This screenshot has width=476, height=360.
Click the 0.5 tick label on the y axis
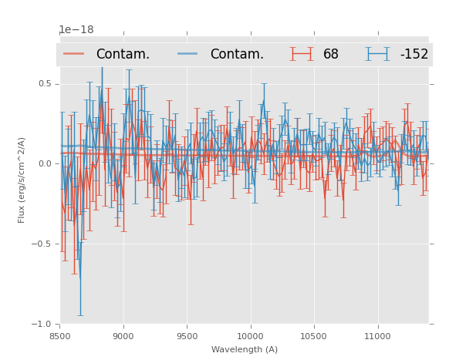[x=46, y=84]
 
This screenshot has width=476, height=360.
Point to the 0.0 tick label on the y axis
[x=46, y=164]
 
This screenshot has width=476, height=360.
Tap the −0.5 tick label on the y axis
[x=43, y=244]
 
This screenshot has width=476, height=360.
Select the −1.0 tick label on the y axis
[x=43, y=325]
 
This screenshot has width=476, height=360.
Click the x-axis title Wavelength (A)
[x=245, y=349]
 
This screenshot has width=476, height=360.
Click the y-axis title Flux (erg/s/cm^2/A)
[x=22, y=180]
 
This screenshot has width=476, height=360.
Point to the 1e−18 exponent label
[x=76, y=30]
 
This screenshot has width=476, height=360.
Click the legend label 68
[x=331, y=55]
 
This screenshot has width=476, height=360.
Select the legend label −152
[x=414, y=55]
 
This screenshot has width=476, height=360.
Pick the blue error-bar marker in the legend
[x=378, y=54]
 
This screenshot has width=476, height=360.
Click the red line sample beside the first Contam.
[x=74, y=54]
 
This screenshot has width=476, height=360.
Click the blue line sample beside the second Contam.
[x=188, y=54]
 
